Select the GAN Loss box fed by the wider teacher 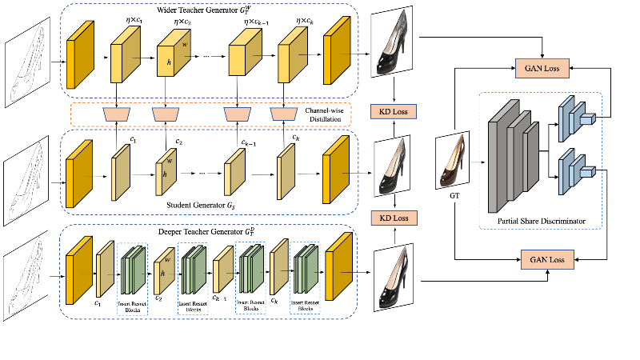coord(543,70)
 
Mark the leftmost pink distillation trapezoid coord(118,115)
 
